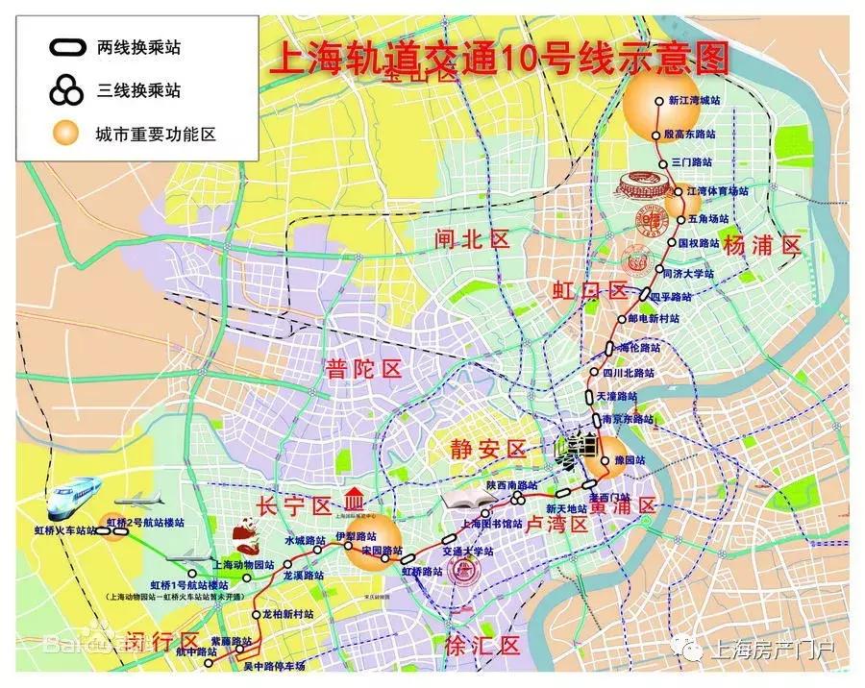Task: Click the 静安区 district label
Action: coord(489,449)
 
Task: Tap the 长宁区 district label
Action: coord(294,505)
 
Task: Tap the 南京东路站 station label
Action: coord(628,420)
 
